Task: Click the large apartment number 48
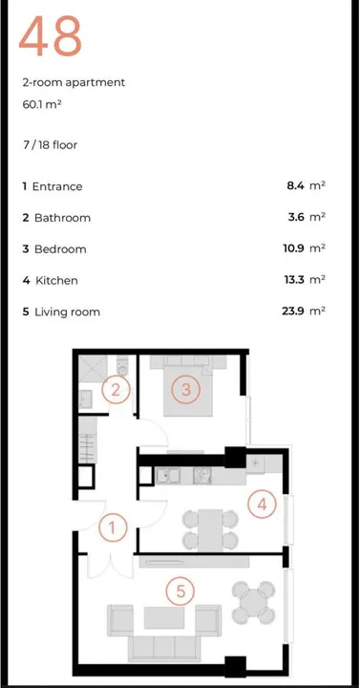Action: [51, 37]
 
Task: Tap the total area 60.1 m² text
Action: [41, 103]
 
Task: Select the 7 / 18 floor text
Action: [51, 144]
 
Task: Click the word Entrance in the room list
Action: [58, 186]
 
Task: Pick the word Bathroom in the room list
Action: [62, 218]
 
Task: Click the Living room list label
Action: [67, 312]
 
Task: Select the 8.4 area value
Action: [294, 186]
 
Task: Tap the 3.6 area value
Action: [294, 218]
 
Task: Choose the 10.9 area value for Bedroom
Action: [292, 248]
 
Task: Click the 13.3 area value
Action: [292, 280]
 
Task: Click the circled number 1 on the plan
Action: [113, 527]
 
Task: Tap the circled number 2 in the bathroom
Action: [115, 390]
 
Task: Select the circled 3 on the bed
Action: [186, 389]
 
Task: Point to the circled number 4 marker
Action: [260, 503]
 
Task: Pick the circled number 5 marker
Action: [178, 591]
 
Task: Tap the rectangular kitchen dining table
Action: [210, 527]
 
